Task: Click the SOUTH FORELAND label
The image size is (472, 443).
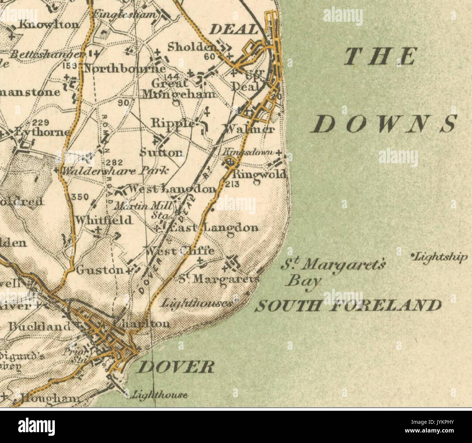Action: pos(348,306)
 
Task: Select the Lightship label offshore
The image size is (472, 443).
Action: pos(440,257)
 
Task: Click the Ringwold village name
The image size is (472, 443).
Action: pos(260,174)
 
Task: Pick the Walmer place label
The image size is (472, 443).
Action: pos(249,129)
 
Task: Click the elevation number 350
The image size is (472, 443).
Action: pos(80,197)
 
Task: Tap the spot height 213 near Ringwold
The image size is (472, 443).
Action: pos(232,184)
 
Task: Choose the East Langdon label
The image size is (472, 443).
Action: pos(214,228)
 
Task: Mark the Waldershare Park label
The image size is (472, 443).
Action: pos(115,170)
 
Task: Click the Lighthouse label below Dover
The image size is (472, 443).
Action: pos(160,394)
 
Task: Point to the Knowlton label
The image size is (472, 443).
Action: pos(48,25)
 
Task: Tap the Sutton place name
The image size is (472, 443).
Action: pos(161,152)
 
